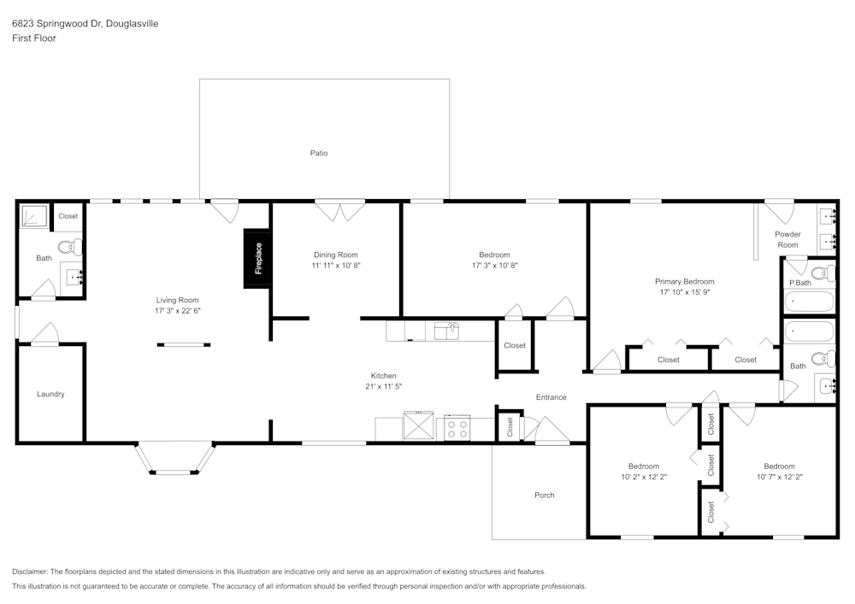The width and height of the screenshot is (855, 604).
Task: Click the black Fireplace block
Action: (257, 258)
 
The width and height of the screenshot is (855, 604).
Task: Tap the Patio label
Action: (319, 154)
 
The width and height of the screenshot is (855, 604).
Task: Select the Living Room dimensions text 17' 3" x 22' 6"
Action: (178, 311)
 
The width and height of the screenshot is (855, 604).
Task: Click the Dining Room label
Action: (336, 255)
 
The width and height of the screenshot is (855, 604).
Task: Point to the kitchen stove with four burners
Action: (457, 427)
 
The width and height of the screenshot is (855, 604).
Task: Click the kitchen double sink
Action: (445, 330)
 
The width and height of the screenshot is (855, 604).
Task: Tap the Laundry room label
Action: (50, 395)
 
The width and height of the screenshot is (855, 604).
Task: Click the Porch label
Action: (545, 496)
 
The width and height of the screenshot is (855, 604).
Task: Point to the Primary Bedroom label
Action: (684, 281)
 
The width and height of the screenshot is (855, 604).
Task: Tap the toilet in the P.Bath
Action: (823, 273)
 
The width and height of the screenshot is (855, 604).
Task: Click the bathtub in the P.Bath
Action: (809, 301)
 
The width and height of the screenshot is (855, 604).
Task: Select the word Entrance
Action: (551, 397)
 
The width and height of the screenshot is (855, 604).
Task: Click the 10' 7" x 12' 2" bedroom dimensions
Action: (779, 477)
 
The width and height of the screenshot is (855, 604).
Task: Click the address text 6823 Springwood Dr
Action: (56, 24)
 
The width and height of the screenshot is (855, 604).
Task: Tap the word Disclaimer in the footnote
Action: (30, 572)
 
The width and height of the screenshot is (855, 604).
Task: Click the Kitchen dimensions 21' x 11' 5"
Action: (383, 386)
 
